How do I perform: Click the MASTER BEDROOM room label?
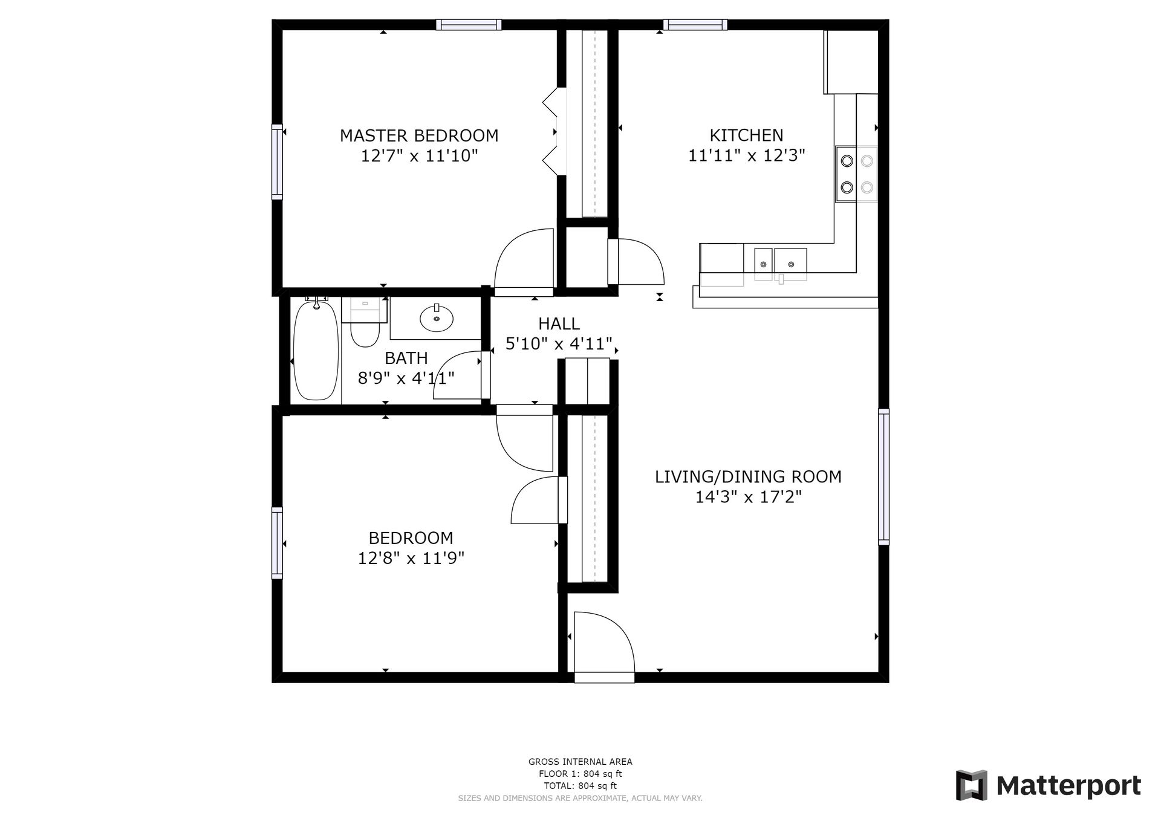[x=419, y=135]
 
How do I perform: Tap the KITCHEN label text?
[x=746, y=135]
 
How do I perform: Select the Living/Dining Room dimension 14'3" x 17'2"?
[x=748, y=497]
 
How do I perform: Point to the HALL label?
[x=559, y=324]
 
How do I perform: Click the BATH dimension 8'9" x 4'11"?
[x=406, y=378]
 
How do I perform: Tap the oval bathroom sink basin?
[x=437, y=318]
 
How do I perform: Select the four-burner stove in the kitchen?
[x=856, y=174]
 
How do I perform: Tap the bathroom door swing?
[x=458, y=375]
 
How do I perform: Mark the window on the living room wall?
[x=883, y=476]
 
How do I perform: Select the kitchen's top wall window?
[x=695, y=25]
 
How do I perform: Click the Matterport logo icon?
[x=971, y=785]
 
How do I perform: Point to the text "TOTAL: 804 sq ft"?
[x=580, y=786]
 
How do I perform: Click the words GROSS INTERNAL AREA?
[x=580, y=762]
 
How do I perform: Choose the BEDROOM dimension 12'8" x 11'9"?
[x=411, y=557]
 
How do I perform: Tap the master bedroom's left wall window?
[x=277, y=161]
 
